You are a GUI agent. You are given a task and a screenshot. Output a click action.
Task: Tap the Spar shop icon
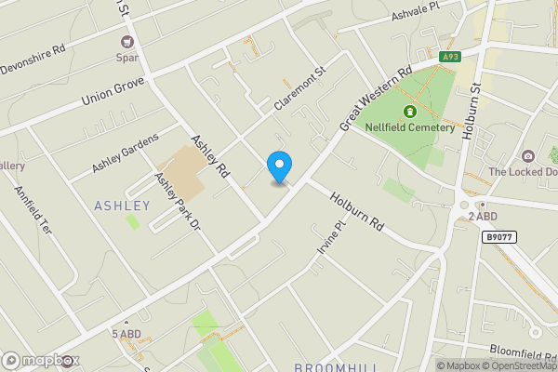pyautogui.click(x=127, y=41)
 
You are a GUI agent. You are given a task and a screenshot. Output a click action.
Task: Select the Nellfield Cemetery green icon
pyautogui.click(x=408, y=113)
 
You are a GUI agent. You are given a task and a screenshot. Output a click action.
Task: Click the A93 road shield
pyautogui.click(x=451, y=57)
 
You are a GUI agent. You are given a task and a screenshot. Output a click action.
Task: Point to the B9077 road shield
pyautogui.click(x=498, y=238)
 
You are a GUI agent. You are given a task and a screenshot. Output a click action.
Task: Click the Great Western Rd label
pyautogui.click(x=376, y=98)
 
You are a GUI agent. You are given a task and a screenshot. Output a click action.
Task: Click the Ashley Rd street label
pyautogui.click(x=210, y=156)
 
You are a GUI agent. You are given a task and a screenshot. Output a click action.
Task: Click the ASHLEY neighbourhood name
pyautogui.click(x=122, y=205)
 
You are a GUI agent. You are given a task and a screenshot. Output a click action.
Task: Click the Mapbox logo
pyautogui.click(x=40, y=360)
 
